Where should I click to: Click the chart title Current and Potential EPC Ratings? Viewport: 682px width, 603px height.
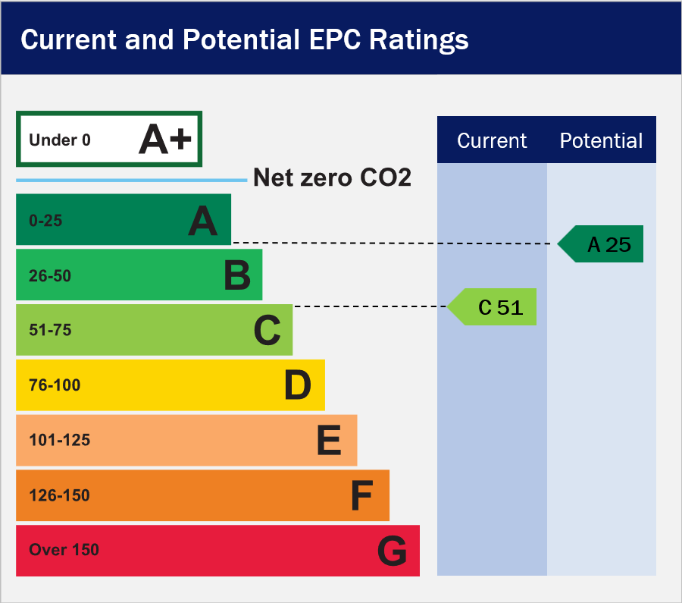[x=245, y=40]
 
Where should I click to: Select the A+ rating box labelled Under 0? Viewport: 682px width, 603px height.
[x=109, y=139]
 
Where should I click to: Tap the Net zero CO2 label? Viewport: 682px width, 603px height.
[x=332, y=177]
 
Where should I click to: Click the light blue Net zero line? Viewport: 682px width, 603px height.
[x=131, y=180]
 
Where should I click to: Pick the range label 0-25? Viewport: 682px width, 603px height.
[x=45, y=221]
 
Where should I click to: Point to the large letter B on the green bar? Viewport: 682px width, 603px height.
[x=237, y=275]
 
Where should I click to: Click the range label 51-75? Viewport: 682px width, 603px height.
[x=50, y=330]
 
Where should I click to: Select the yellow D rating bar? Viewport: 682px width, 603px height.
[x=170, y=385]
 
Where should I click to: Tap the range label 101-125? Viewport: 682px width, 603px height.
[x=60, y=440]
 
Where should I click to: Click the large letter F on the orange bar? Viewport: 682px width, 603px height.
[x=361, y=495]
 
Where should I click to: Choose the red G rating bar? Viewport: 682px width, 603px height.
[x=218, y=551]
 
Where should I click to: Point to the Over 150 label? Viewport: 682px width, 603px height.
[x=64, y=550]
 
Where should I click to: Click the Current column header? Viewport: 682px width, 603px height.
[x=492, y=140]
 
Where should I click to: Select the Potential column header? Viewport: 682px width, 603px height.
[x=601, y=140]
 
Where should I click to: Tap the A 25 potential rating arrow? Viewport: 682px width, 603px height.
[x=600, y=243]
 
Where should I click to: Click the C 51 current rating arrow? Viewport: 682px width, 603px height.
[x=492, y=306]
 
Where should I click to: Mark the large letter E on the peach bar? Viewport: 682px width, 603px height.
[x=329, y=440]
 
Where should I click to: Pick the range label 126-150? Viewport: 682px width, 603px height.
[x=59, y=495]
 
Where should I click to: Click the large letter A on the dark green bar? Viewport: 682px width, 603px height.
[x=202, y=221]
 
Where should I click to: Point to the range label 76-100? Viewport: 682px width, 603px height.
[x=55, y=385]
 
